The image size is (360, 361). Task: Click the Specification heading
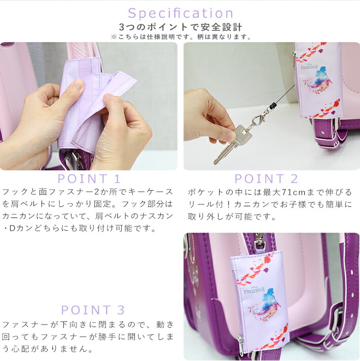click(180, 13)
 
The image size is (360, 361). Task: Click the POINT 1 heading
click(89, 178)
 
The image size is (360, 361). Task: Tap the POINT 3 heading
click(93, 310)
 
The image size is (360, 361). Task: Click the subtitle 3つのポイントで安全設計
click(180, 27)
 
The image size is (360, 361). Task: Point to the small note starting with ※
click(180, 37)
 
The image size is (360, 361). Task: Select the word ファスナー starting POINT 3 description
click(25, 323)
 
